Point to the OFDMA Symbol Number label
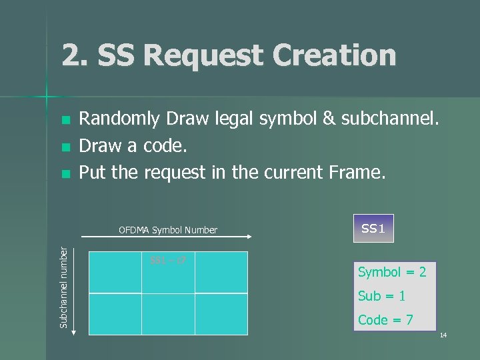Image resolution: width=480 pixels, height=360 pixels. [168, 230]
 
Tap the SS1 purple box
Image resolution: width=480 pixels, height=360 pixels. [373, 228]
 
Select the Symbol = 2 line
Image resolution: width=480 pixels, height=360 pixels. [392, 272]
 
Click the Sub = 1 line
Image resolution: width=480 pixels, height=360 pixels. [381, 295]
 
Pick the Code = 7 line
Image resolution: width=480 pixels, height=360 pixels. [385, 319]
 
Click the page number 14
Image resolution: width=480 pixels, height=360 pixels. [443, 334]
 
